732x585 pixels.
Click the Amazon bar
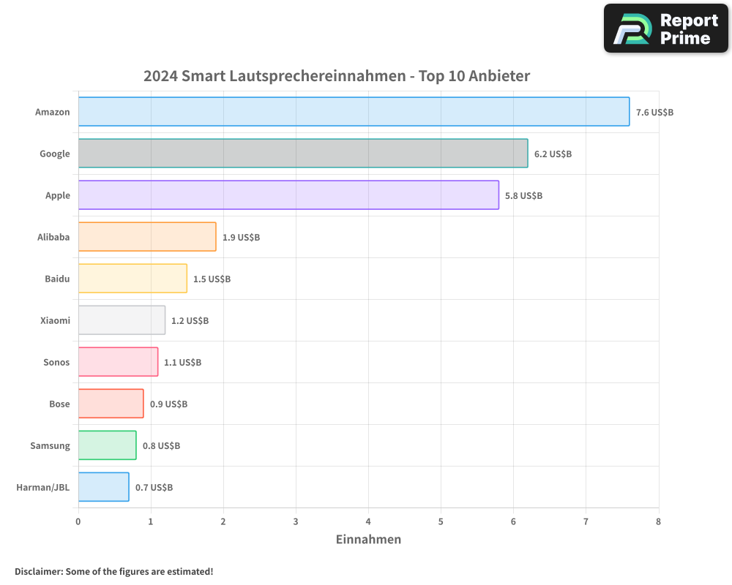tap(354, 112)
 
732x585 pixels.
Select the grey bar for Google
tap(303, 154)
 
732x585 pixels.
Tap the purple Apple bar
tap(288, 195)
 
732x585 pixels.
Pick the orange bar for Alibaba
tap(147, 237)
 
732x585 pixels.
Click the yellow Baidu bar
tap(132, 279)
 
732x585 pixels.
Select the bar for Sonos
tap(118, 362)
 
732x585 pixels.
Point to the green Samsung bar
tap(107, 445)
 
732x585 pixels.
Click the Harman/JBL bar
tap(103, 487)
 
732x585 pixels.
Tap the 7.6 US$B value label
tap(654, 113)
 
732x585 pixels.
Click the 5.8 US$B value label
tap(523, 196)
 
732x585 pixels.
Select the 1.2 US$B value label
tap(190, 321)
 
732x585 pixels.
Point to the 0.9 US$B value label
tap(168, 404)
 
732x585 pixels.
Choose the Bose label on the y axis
tap(59, 404)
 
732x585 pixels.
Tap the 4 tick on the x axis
tap(368, 521)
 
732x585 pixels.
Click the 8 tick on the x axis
tap(658, 521)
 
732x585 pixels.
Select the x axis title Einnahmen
tap(368, 540)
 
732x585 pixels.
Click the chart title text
tap(337, 76)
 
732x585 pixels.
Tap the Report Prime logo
tap(666, 29)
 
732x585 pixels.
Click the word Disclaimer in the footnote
tap(38, 572)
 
